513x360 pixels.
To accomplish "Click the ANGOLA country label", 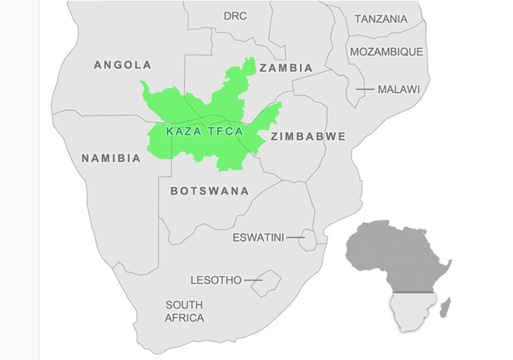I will [123, 65].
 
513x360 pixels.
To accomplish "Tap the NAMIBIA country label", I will [111, 159].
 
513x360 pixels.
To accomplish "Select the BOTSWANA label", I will [210, 191].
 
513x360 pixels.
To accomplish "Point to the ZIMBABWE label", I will [308, 137].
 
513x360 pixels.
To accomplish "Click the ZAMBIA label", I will [286, 68].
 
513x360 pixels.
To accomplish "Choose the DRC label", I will [235, 16].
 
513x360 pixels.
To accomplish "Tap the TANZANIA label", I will [381, 19].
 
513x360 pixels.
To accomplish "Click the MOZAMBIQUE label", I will [387, 52].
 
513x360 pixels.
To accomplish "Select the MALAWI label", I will [399, 89].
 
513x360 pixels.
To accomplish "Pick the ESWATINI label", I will [258, 237].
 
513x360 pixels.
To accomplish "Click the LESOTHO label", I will [216, 280].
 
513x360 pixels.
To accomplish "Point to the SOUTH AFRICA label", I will [184, 311].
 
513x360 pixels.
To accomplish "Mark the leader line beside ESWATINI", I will [295, 237].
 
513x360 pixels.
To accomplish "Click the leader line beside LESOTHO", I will [253, 280].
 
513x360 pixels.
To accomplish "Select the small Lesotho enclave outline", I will [267, 283].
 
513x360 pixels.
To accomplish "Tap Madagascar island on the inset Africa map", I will [446, 308].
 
